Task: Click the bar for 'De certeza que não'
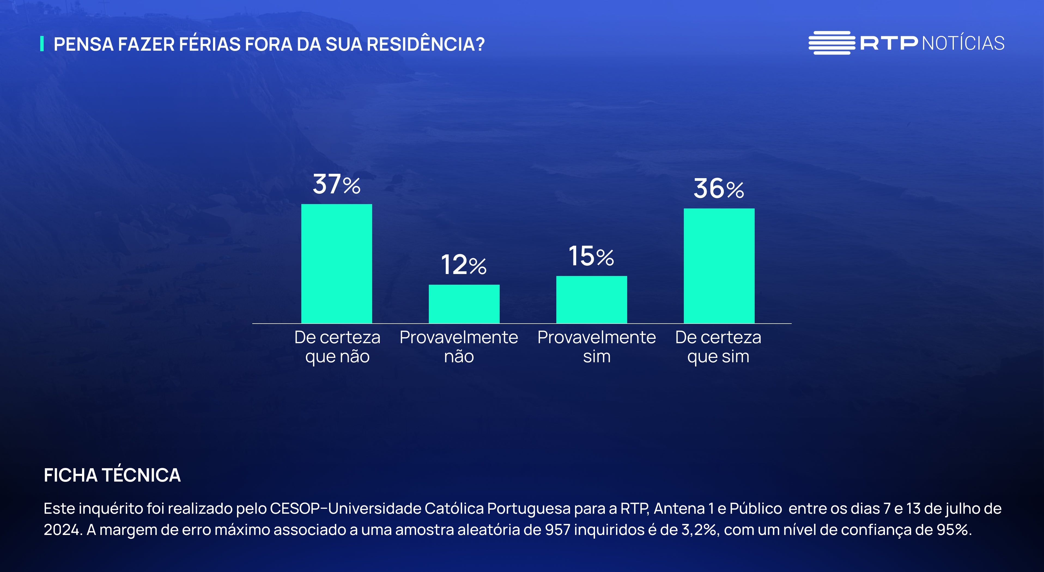click(336, 263)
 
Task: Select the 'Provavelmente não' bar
click(464, 304)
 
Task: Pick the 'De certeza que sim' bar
click(719, 266)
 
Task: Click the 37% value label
click(336, 184)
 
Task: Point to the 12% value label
click(464, 265)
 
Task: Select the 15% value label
click(591, 256)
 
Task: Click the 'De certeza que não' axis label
click(337, 347)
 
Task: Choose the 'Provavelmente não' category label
click(459, 347)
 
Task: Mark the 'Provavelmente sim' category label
click(597, 347)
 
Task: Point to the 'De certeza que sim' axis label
click(718, 347)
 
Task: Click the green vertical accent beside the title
click(42, 44)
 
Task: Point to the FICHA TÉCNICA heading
click(112, 475)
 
